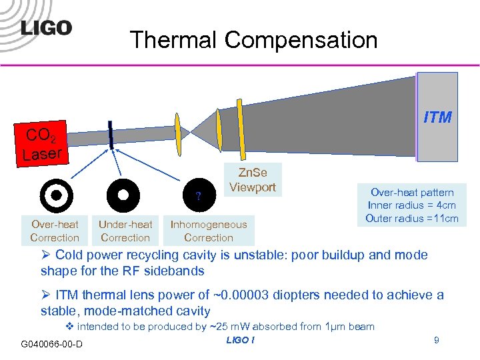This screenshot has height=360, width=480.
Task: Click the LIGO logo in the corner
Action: point(45,27)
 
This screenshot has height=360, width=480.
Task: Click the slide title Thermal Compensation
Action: point(254,40)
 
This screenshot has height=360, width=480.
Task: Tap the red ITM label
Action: point(437,117)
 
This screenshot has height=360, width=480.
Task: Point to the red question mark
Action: point(198,195)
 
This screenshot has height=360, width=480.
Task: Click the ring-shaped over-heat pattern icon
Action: point(56,195)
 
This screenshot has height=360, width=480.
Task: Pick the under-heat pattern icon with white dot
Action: point(123,195)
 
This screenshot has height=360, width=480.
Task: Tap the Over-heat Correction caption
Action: point(55,231)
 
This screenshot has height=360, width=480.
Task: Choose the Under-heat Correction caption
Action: point(125,231)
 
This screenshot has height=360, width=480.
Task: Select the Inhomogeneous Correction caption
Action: point(208,231)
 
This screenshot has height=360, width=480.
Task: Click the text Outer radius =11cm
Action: point(412,219)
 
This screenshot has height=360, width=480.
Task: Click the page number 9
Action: point(436,341)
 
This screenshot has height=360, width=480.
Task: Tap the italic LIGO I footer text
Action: point(240,341)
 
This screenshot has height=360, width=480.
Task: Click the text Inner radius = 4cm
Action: point(412,205)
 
